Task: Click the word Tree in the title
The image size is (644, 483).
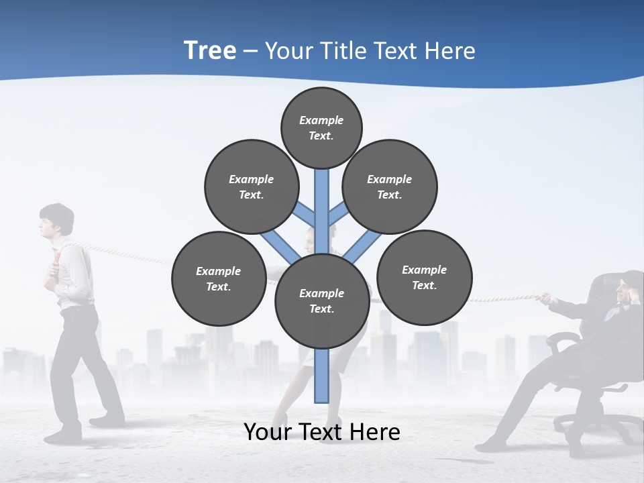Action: (210, 50)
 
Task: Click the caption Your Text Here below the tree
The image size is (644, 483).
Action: (321, 431)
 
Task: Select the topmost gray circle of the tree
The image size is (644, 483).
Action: (321, 127)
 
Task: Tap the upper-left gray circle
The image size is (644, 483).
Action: (252, 186)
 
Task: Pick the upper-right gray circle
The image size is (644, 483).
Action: (390, 186)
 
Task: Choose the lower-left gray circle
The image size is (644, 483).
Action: (219, 278)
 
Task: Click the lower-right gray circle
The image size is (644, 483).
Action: (424, 277)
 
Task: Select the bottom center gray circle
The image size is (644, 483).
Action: (322, 301)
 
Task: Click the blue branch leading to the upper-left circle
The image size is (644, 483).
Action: (306, 214)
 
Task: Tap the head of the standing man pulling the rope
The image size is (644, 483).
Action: (55, 221)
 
